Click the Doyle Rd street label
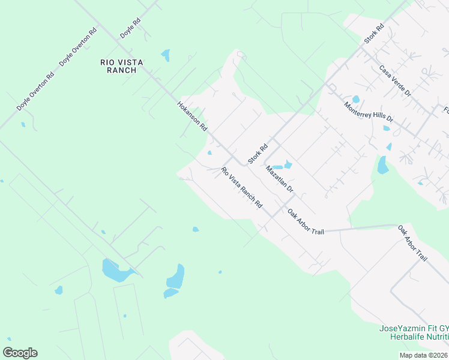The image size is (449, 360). tap(130, 28)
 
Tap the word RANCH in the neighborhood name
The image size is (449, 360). tap(118, 70)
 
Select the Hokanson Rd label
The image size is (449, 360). tap(192, 116)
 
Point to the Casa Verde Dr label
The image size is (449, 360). tap(395, 81)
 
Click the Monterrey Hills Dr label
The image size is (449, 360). tap(368, 112)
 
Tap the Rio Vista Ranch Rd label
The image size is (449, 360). tap(242, 187)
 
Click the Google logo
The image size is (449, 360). tap(20, 353)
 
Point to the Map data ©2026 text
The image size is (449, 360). tap(424, 355)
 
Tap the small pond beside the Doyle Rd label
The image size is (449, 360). tap(166, 56)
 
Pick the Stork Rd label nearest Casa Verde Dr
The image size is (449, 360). tap(373, 34)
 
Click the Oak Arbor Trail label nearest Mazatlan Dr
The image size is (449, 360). tap(306, 222)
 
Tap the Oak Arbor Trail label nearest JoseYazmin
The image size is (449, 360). tap(412, 243)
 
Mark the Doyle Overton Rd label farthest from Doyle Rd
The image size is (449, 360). tap(35, 91)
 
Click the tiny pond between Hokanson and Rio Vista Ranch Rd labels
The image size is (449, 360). tap(209, 152)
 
